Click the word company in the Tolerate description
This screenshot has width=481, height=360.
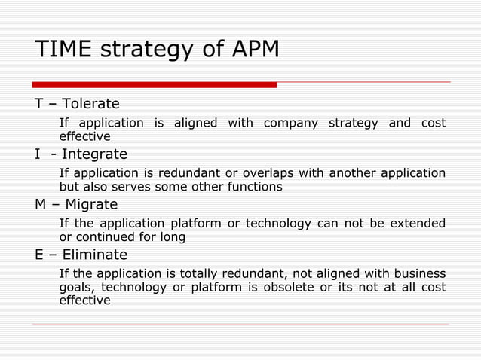point(290,123)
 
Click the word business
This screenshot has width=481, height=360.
point(420,274)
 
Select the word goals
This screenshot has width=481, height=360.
point(76,287)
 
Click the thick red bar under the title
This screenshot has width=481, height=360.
point(154,84)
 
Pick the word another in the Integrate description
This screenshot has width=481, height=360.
point(354,173)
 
